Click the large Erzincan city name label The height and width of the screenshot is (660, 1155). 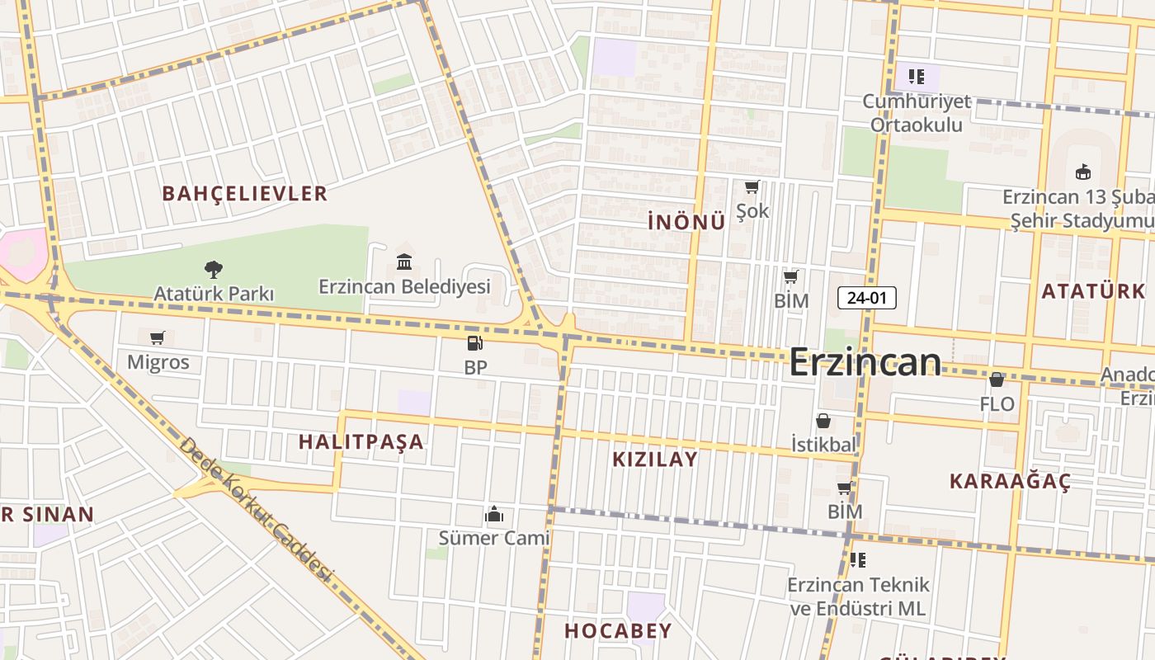click(x=865, y=363)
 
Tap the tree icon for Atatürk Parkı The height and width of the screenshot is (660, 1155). click(x=213, y=269)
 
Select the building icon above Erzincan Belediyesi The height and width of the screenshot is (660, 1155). click(x=404, y=262)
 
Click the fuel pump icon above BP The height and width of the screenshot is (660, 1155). click(x=474, y=342)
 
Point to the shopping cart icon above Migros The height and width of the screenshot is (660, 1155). click(x=158, y=337)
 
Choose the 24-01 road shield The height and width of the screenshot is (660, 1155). click(x=866, y=299)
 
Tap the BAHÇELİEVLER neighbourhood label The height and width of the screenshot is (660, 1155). click(x=245, y=194)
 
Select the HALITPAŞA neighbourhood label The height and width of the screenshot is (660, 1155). click(x=361, y=441)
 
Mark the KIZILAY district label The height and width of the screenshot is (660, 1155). click(x=655, y=460)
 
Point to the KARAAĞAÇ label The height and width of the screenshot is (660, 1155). click(x=1010, y=482)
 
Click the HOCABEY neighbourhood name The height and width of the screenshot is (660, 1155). click(x=618, y=631)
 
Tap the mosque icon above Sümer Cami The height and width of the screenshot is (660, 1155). click(x=494, y=515)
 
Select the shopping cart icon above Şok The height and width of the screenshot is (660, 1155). click(x=752, y=187)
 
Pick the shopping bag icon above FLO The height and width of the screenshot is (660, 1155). click(x=997, y=379)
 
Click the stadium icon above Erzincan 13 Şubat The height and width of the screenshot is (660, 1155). click(x=1082, y=172)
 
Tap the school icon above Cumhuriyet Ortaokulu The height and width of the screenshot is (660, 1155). click(x=917, y=77)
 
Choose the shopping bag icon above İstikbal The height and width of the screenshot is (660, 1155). click(x=823, y=421)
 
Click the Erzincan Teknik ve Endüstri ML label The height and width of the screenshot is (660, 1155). click(x=858, y=596)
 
